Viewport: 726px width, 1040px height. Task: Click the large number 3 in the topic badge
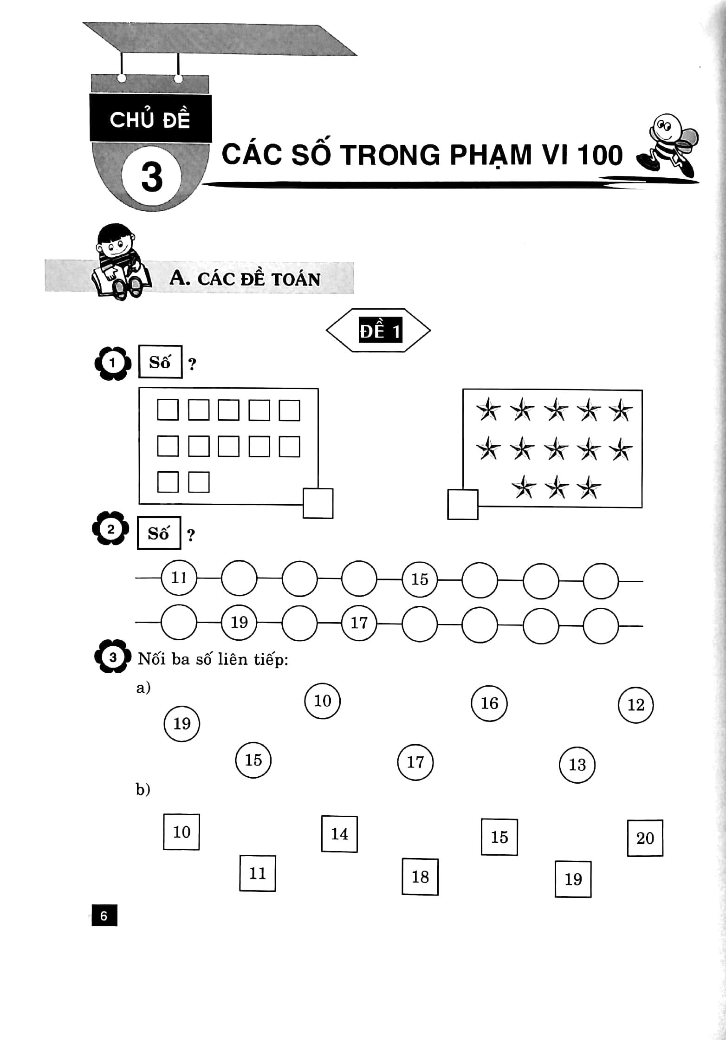(x=152, y=177)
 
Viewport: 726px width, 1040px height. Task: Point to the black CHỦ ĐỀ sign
(x=150, y=118)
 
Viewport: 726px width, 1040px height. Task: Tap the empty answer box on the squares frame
(x=318, y=503)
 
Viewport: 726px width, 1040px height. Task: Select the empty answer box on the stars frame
(x=463, y=505)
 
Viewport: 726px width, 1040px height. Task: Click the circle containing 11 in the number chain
(x=179, y=578)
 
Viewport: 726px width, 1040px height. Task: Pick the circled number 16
(x=489, y=703)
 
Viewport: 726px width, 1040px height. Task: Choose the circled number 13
(x=577, y=765)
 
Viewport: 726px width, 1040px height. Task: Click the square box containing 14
(x=339, y=834)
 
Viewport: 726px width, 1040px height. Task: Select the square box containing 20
(x=645, y=838)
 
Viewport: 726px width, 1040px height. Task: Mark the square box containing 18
(x=420, y=877)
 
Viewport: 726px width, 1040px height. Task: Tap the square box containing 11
(x=257, y=873)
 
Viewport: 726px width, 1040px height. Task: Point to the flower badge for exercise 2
(x=110, y=529)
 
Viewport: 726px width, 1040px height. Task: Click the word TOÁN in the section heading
(x=296, y=279)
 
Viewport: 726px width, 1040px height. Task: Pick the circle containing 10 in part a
(x=322, y=701)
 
